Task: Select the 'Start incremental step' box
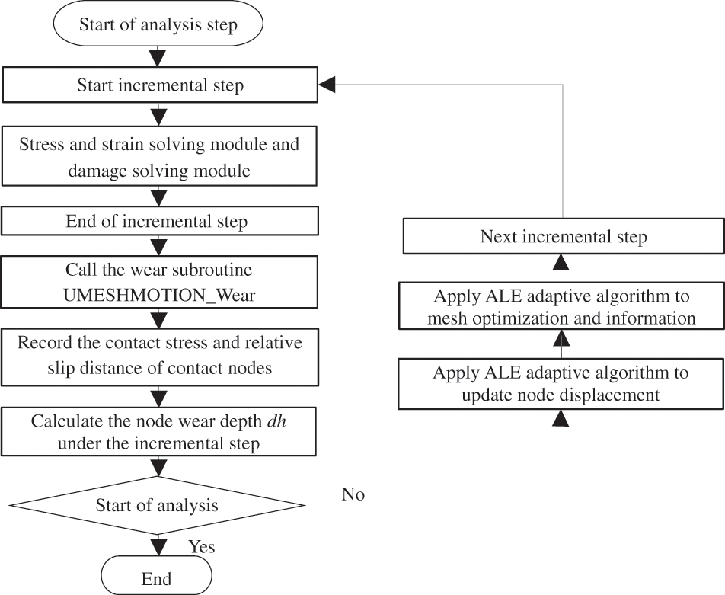160,85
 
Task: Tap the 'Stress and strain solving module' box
160,157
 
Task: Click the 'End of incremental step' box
160,222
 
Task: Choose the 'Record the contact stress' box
160,356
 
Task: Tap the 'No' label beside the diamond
353,495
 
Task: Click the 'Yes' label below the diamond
202,547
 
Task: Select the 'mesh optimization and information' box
562,307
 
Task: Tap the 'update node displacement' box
562,384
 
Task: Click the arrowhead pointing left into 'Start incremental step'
327,85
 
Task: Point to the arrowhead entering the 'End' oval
158,547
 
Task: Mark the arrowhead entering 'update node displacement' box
562,417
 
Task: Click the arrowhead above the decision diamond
158,467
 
